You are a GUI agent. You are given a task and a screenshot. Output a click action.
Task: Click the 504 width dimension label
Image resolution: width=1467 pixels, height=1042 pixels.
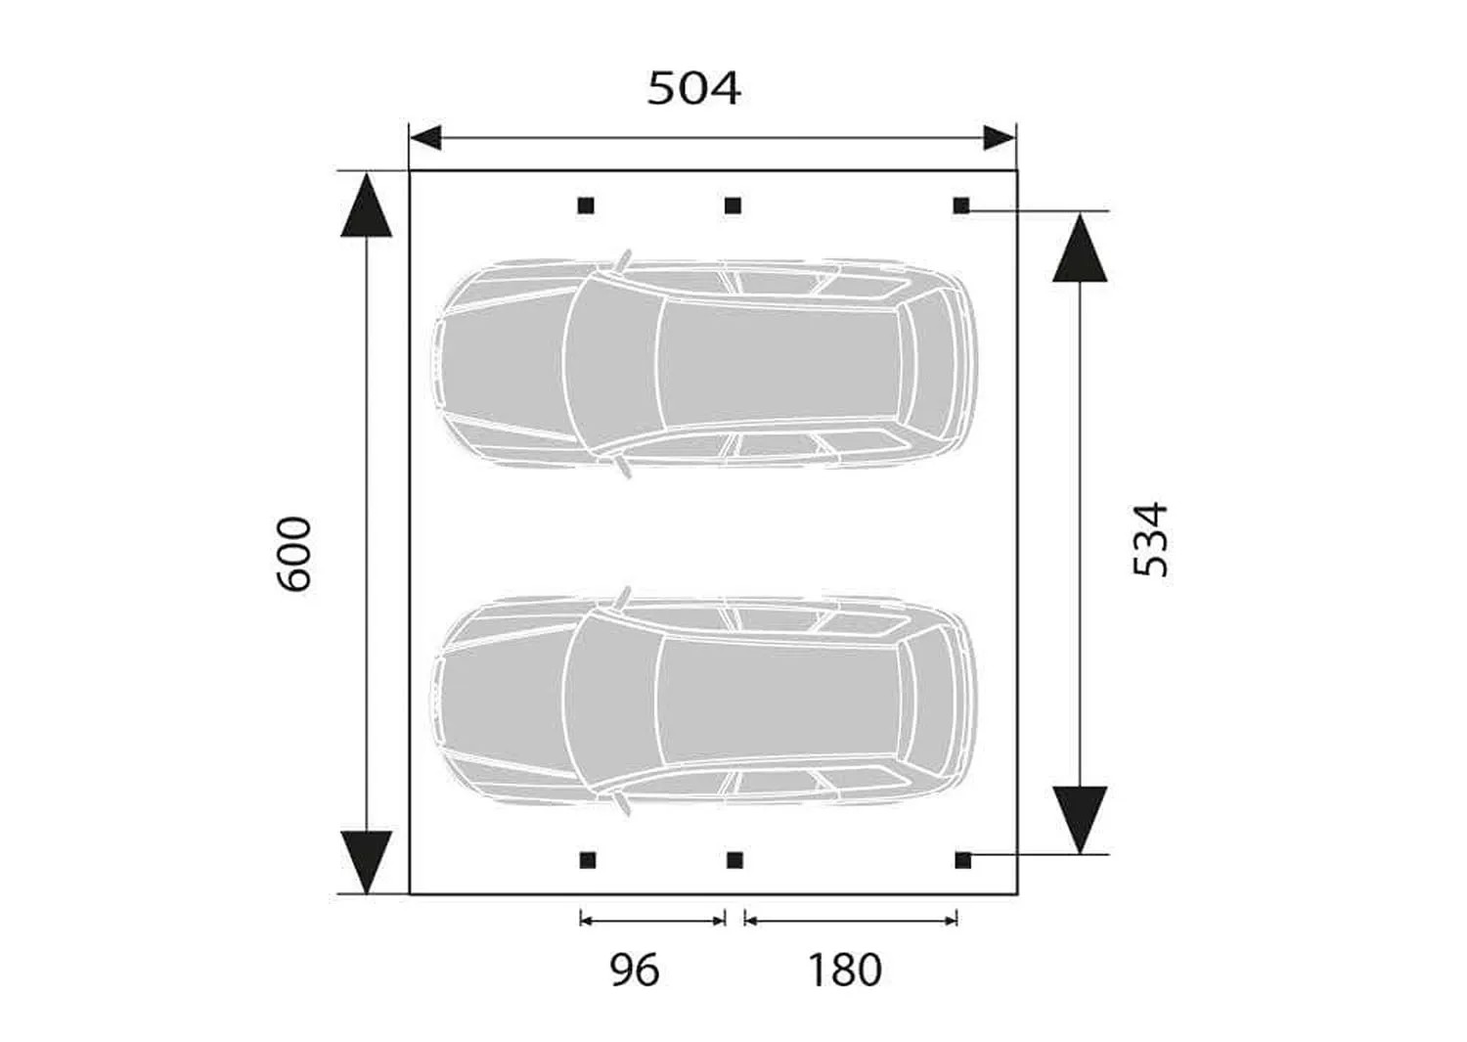point(694,88)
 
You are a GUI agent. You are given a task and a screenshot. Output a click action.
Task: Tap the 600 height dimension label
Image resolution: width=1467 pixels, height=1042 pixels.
point(292,555)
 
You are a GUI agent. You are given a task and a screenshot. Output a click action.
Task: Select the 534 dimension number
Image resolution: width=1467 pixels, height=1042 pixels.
point(1151,539)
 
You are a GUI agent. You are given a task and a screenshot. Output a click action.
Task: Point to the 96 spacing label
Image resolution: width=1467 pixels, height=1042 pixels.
point(635,971)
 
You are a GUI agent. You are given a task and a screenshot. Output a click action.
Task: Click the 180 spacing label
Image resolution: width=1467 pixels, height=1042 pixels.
point(845,971)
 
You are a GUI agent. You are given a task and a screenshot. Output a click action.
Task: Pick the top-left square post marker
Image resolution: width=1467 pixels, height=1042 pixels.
point(586,205)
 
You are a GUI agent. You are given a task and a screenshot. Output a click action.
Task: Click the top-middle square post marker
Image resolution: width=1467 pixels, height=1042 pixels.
point(733,205)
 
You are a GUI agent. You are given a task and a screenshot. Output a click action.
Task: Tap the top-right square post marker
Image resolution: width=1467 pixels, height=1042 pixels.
point(961,205)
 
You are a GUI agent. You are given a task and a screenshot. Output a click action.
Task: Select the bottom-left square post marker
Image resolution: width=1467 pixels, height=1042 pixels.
point(588,860)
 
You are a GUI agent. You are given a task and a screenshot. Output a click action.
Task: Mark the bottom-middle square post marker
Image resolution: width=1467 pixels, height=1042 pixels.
point(734,860)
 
